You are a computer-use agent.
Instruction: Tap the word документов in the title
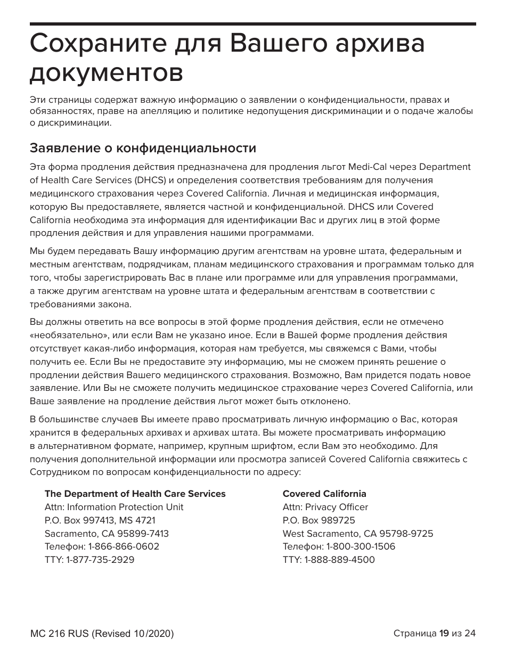tap(106, 73)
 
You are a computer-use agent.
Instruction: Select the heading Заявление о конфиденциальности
tap(143, 148)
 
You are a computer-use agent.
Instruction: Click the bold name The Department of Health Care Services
tap(135, 494)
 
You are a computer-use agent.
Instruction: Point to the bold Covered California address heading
tap(324, 494)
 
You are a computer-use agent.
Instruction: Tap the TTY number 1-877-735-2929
tap(100, 560)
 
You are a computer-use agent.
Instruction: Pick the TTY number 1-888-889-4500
tap(339, 560)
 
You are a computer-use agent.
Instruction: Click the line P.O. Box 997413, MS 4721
tap(100, 520)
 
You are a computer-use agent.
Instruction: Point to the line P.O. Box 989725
tap(319, 520)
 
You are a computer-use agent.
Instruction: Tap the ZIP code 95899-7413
tap(144, 534)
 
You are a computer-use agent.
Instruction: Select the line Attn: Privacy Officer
tap(325, 507)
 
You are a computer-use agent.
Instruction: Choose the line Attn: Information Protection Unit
tap(114, 507)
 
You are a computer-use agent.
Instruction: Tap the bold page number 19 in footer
tap(444, 634)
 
